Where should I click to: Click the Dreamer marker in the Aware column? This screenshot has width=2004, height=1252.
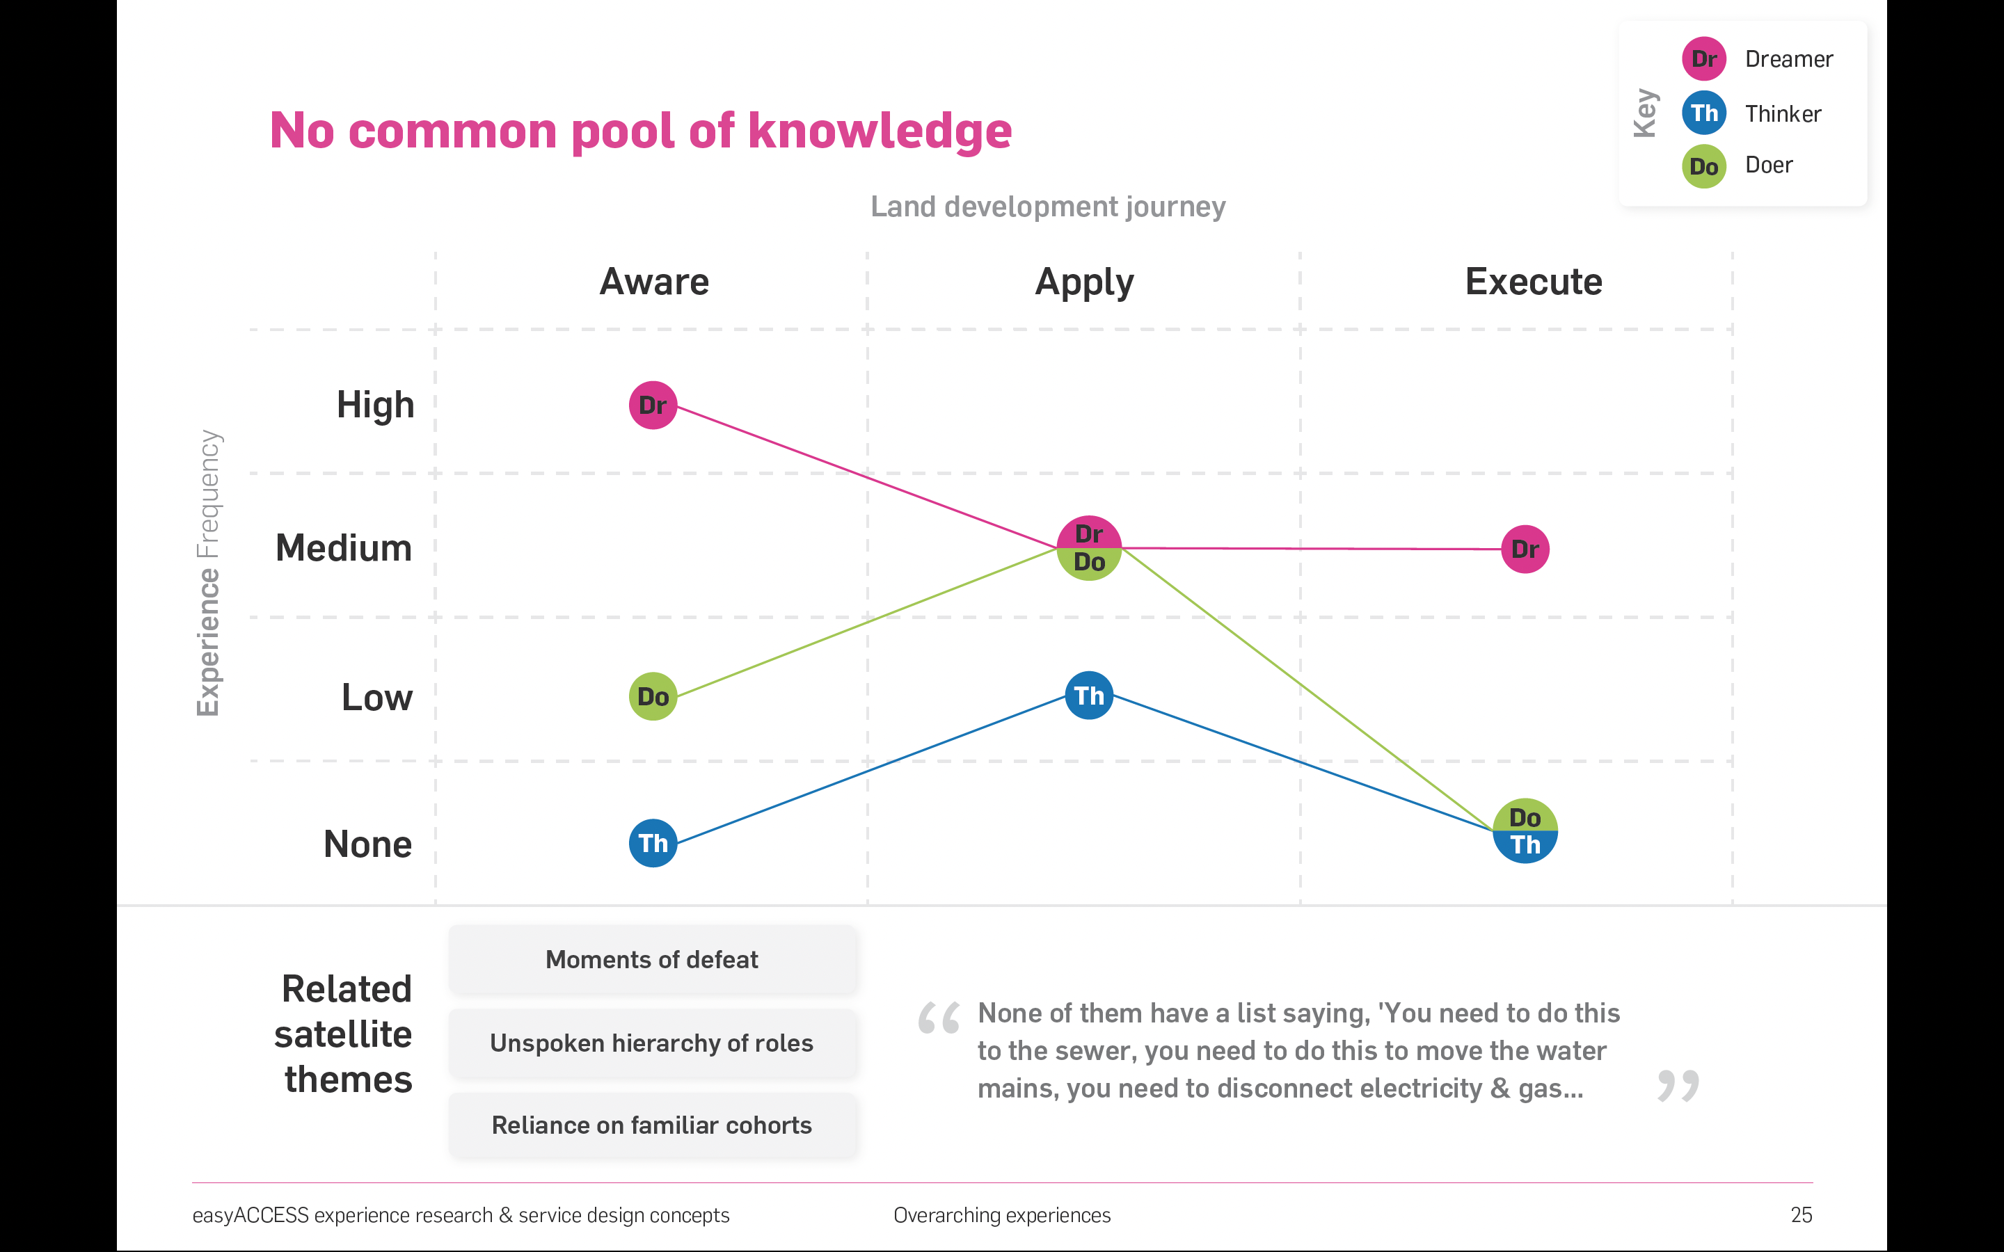(x=653, y=405)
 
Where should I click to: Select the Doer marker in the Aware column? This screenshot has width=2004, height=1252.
(x=653, y=696)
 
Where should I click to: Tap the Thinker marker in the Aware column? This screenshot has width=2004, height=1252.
(x=653, y=843)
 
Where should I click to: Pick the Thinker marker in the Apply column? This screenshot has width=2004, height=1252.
(x=1089, y=696)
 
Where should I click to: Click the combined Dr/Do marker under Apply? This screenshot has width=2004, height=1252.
(x=1089, y=548)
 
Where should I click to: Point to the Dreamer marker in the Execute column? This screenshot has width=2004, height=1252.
(x=1525, y=549)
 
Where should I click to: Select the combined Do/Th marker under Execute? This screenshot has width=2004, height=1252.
(x=1525, y=831)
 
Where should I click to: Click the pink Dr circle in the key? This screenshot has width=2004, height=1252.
(x=1704, y=59)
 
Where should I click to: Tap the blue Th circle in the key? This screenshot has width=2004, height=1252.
(x=1704, y=113)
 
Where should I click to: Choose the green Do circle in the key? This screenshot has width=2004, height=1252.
(x=1704, y=166)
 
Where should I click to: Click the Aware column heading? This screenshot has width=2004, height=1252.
(x=654, y=282)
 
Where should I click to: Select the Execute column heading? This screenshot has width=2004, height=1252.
(x=1534, y=282)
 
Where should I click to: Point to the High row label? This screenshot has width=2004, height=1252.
(x=375, y=405)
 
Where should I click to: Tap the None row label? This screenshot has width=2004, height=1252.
(x=367, y=844)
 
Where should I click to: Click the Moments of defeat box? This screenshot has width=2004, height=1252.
(x=653, y=960)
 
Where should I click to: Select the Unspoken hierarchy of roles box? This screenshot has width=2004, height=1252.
(x=653, y=1043)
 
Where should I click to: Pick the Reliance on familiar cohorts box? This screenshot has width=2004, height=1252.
(x=653, y=1125)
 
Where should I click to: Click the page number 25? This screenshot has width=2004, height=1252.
(x=1801, y=1214)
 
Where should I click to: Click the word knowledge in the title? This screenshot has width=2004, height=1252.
(x=880, y=131)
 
